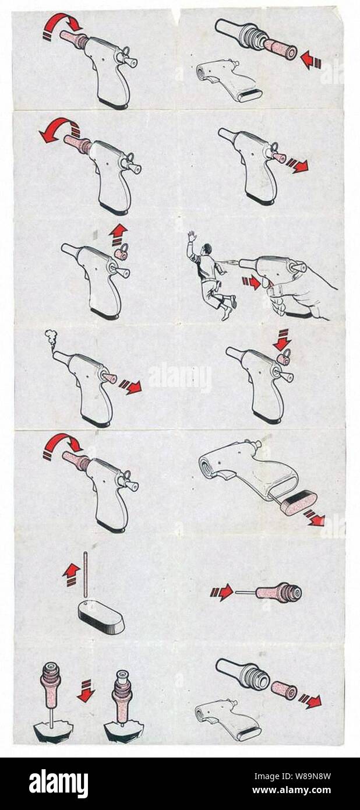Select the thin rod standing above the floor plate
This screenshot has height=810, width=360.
tap(86, 574)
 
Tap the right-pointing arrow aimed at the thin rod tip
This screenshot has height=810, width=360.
tap(221, 593)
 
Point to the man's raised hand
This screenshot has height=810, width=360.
tap(192, 236)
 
